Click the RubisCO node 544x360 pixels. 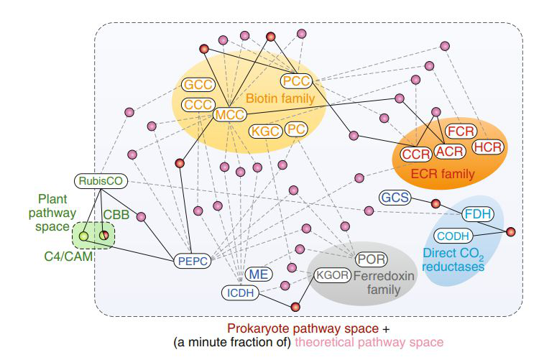pos(101,181)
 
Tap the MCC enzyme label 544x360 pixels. pos(230,114)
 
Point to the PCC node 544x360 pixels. pos(296,80)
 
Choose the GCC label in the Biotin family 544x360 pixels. pos(198,85)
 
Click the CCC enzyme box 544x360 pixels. pos(198,105)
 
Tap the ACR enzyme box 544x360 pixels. pos(450,151)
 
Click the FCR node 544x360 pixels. pos(459,131)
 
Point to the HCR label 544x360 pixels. pos(489,147)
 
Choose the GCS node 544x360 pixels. pos(395,197)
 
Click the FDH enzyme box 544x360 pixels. pos(477,213)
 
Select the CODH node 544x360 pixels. pos(453,235)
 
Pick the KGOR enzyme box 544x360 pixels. pos(332,274)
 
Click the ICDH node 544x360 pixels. pos(239,292)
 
